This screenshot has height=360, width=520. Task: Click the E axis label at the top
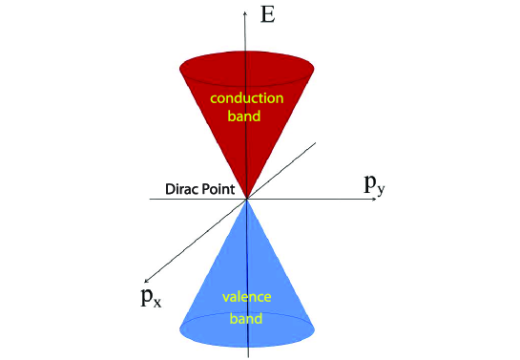tap(270, 14)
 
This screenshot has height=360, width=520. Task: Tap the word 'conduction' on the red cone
tap(247, 97)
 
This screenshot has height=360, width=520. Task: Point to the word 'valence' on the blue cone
tap(247, 297)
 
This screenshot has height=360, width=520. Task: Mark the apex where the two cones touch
tap(247, 199)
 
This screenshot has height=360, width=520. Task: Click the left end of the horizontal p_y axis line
tap(150, 200)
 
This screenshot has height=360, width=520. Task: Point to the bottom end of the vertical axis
tap(247, 354)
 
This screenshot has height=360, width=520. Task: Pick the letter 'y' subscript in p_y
tap(383, 190)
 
